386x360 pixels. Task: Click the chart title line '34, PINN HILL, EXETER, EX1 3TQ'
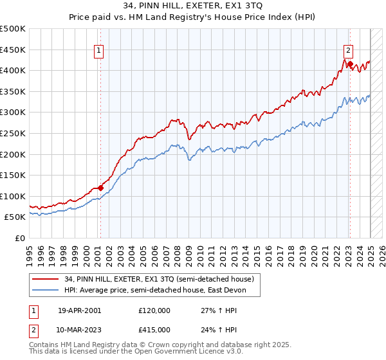pyautogui.click(x=192, y=6)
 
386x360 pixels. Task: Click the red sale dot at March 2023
pyautogui.click(x=349, y=64)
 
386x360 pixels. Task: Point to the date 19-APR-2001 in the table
pyautogui.click(x=79, y=310)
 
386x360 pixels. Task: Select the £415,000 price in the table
pyautogui.click(x=154, y=329)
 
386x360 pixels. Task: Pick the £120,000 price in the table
pyautogui.click(x=154, y=310)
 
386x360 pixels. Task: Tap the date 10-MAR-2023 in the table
pyautogui.click(x=79, y=329)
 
